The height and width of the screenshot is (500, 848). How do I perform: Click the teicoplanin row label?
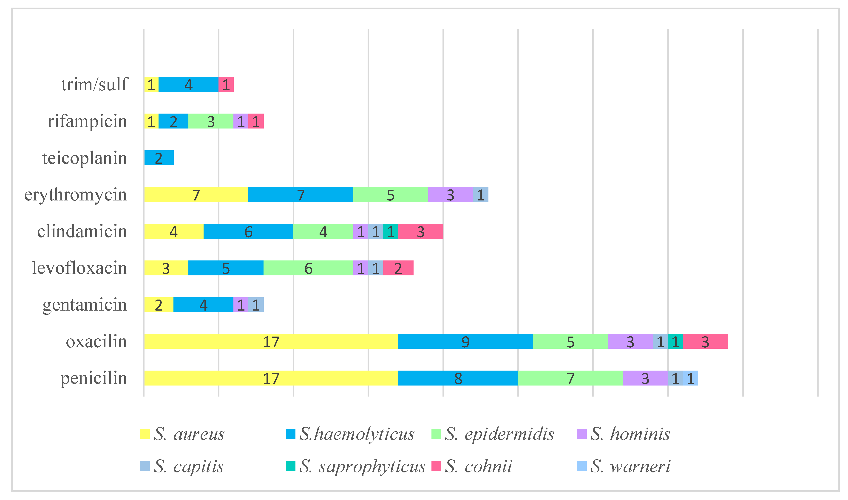click(x=85, y=158)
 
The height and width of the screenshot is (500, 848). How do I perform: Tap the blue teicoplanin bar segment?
click(x=159, y=158)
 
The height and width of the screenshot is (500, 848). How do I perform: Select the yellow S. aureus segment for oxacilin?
click(x=271, y=342)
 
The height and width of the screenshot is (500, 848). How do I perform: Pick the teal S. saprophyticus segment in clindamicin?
click(x=391, y=231)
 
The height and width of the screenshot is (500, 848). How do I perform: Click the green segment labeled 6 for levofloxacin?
click(x=308, y=268)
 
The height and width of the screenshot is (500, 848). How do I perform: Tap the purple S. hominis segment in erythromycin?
click(x=451, y=195)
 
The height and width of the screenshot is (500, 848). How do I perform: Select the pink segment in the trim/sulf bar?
click(x=226, y=85)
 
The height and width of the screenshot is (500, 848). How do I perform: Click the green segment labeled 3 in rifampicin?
click(x=211, y=121)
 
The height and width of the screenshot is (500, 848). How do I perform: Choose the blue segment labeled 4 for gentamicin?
click(x=203, y=305)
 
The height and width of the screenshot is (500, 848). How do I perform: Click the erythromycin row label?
click(x=76, y=195)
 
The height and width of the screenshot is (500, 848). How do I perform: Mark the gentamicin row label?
click(x=85, y=305)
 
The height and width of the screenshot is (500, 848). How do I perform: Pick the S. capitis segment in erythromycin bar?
click(x=480, y=195)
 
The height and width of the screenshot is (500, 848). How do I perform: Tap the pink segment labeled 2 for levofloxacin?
click(x=398, y=268)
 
